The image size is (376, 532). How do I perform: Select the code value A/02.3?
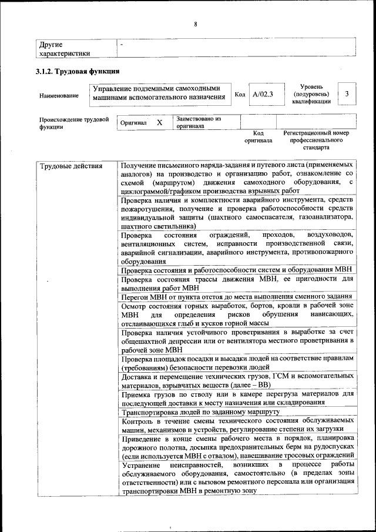(263, 94)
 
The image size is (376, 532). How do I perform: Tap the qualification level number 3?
(347, 94)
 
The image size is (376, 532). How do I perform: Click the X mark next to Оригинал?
(159, 122)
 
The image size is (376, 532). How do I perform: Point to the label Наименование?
(59, 95)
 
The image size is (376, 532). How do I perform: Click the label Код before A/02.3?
(240, 94)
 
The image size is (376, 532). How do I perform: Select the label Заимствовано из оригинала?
(197, 122)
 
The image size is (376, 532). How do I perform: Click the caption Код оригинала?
(258, 137)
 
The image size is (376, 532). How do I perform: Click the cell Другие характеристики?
(65, 49)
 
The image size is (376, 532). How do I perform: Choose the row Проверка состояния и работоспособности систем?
(236, 270)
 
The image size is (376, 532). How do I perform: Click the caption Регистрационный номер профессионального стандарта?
(316, 140)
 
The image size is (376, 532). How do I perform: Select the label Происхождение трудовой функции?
(74, 122)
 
